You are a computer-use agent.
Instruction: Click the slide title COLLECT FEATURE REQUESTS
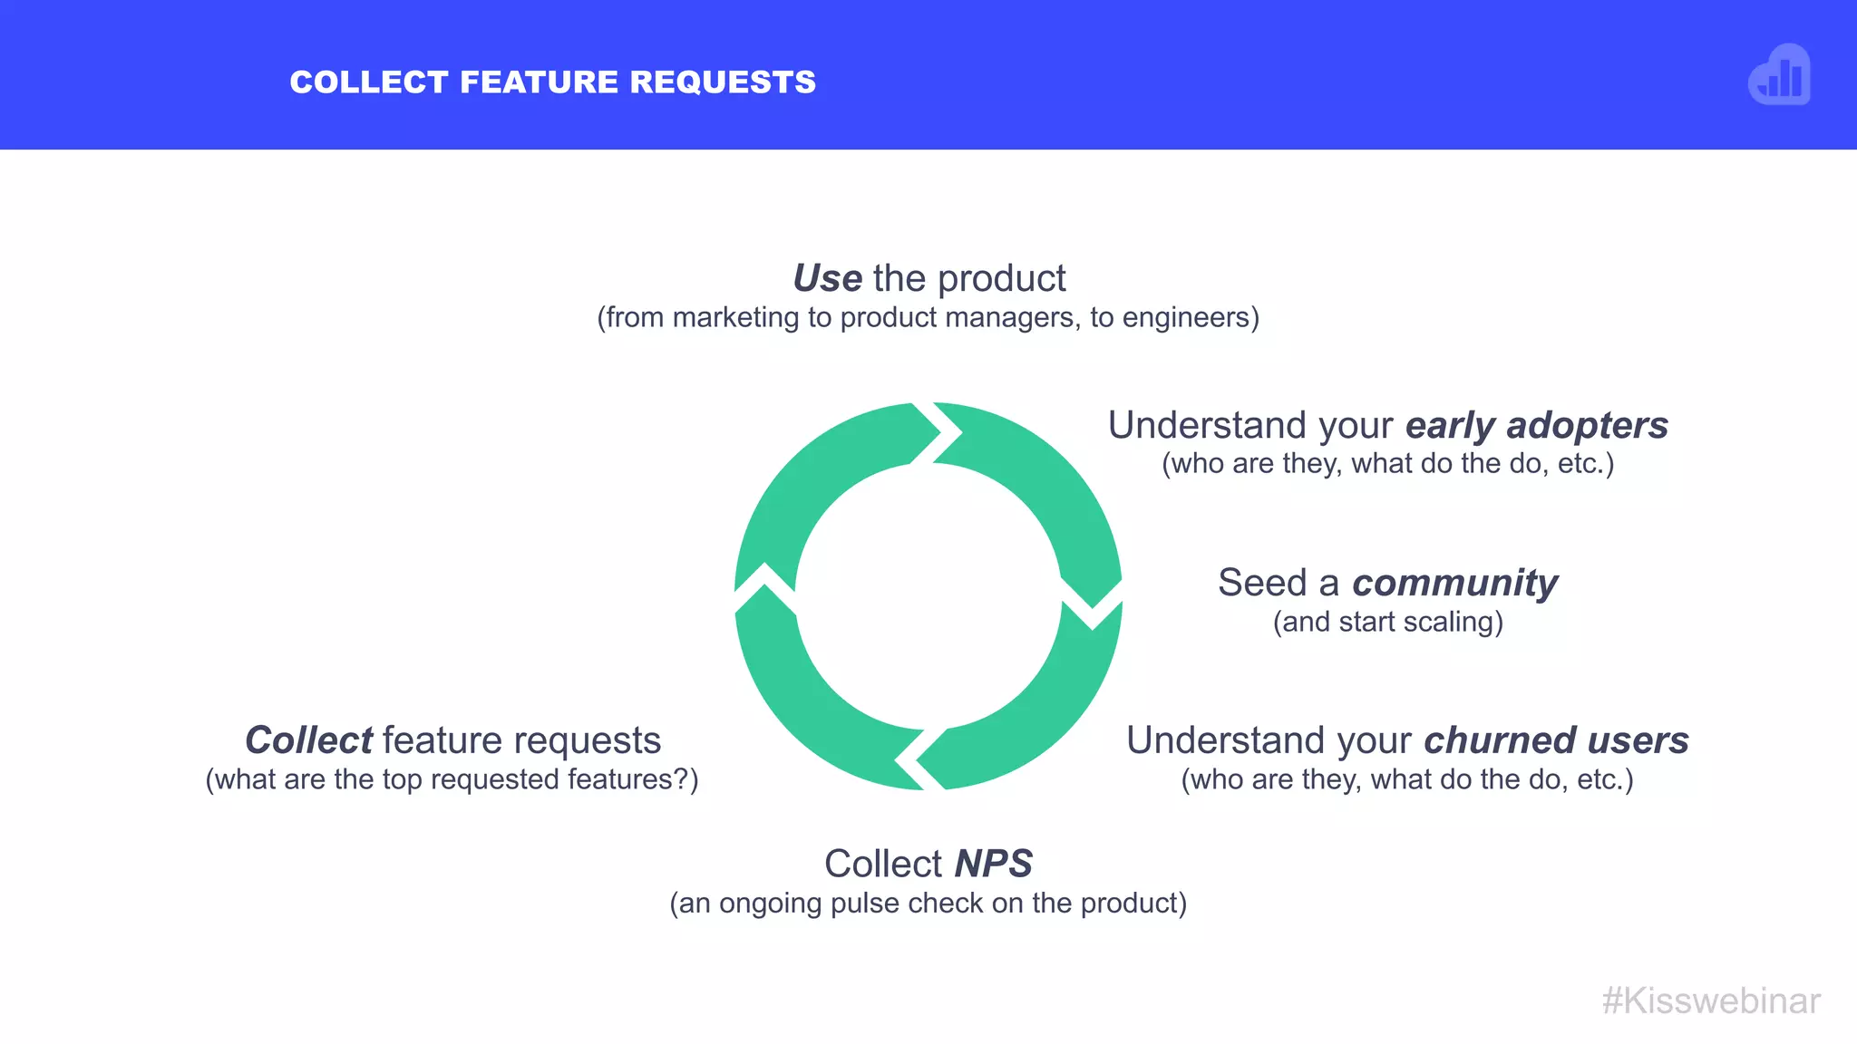(552, 82)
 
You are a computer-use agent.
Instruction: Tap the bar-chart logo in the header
(1779, 76)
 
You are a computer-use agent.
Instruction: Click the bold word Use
(827, 278)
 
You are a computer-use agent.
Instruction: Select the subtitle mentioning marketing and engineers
(928, 318)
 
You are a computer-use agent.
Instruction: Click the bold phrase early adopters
(1536, 425)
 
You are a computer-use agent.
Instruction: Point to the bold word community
(1454, 583)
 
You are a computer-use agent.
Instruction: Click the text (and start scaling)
(1387, 623)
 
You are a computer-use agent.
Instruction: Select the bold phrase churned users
(1556, 740)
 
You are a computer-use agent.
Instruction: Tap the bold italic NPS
(993, 864)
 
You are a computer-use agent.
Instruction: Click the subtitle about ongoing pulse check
(928, 904)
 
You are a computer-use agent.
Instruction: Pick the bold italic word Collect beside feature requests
(308, 740)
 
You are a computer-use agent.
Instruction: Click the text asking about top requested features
(452, 779)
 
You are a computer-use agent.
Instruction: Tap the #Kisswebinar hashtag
(1710, 1001)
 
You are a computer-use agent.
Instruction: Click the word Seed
(1261, 583)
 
